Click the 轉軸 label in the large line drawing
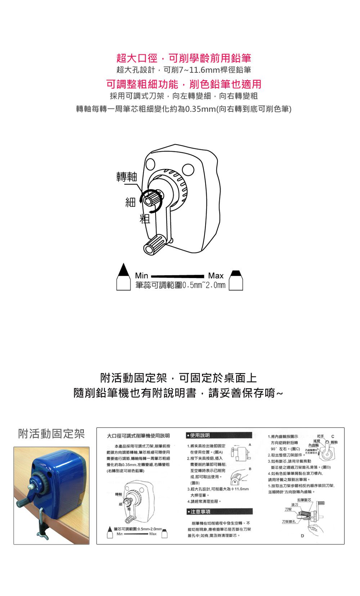(x=127, y=176)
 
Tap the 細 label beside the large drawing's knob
(x=130, y=202)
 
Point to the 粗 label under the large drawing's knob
(x=145, y=219)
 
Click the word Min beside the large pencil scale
(x=141, y=275)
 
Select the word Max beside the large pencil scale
(x=216, y=275)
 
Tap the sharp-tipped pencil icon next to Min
(x=123, y=277)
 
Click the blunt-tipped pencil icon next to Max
(x=236, y=280)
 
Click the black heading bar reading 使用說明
(x=219, y=435)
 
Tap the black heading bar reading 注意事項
(x=219, y=511)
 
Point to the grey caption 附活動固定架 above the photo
(x=51, y=434)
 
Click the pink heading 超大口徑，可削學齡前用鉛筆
(x=184, y=58)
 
